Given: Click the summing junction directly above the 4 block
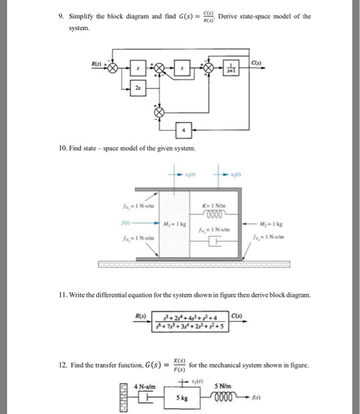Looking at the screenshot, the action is pyautogui.click(x=158, y=112).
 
